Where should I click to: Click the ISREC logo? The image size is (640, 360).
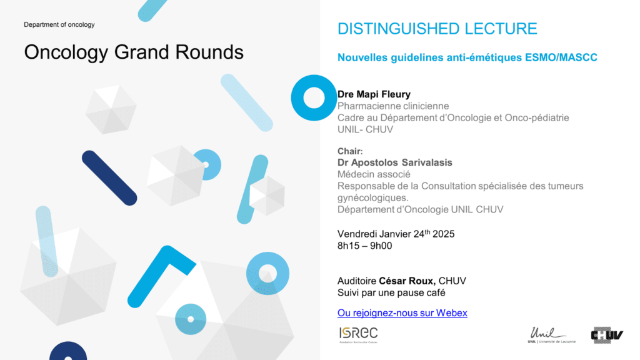point(358,335)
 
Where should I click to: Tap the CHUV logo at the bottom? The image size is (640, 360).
point(607,335)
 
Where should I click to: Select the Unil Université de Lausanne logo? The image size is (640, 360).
point(551,335)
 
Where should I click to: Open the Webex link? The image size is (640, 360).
point(402,312)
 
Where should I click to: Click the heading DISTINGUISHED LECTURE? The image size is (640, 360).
point(437,29)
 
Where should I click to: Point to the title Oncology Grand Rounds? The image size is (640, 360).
point(134,52)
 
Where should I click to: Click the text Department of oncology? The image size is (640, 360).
point(59,24)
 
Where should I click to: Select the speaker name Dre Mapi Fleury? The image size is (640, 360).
point(374,94)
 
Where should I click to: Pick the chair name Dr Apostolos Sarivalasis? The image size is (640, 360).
point(395,162)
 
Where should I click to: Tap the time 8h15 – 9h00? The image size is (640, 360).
point(364,246)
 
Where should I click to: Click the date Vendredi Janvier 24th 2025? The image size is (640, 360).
point(396,234)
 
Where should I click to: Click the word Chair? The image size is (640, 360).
point(350,151)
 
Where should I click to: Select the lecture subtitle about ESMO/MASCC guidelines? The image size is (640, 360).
point(467,57)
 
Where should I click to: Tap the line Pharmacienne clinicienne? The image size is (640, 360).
point(393,106)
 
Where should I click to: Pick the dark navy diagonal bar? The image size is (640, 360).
point(109,178)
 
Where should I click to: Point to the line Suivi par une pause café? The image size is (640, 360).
point(391,292)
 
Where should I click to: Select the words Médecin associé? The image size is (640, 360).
point(374,174)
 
